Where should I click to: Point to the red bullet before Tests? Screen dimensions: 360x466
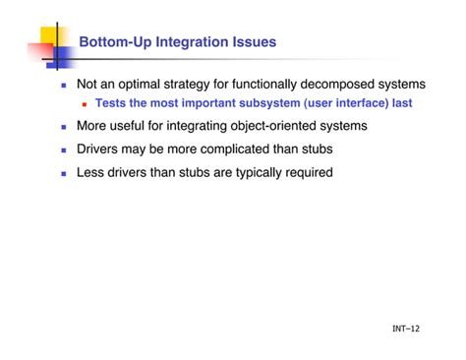click(85, 103)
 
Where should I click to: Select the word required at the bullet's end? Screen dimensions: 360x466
click(307, 171)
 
